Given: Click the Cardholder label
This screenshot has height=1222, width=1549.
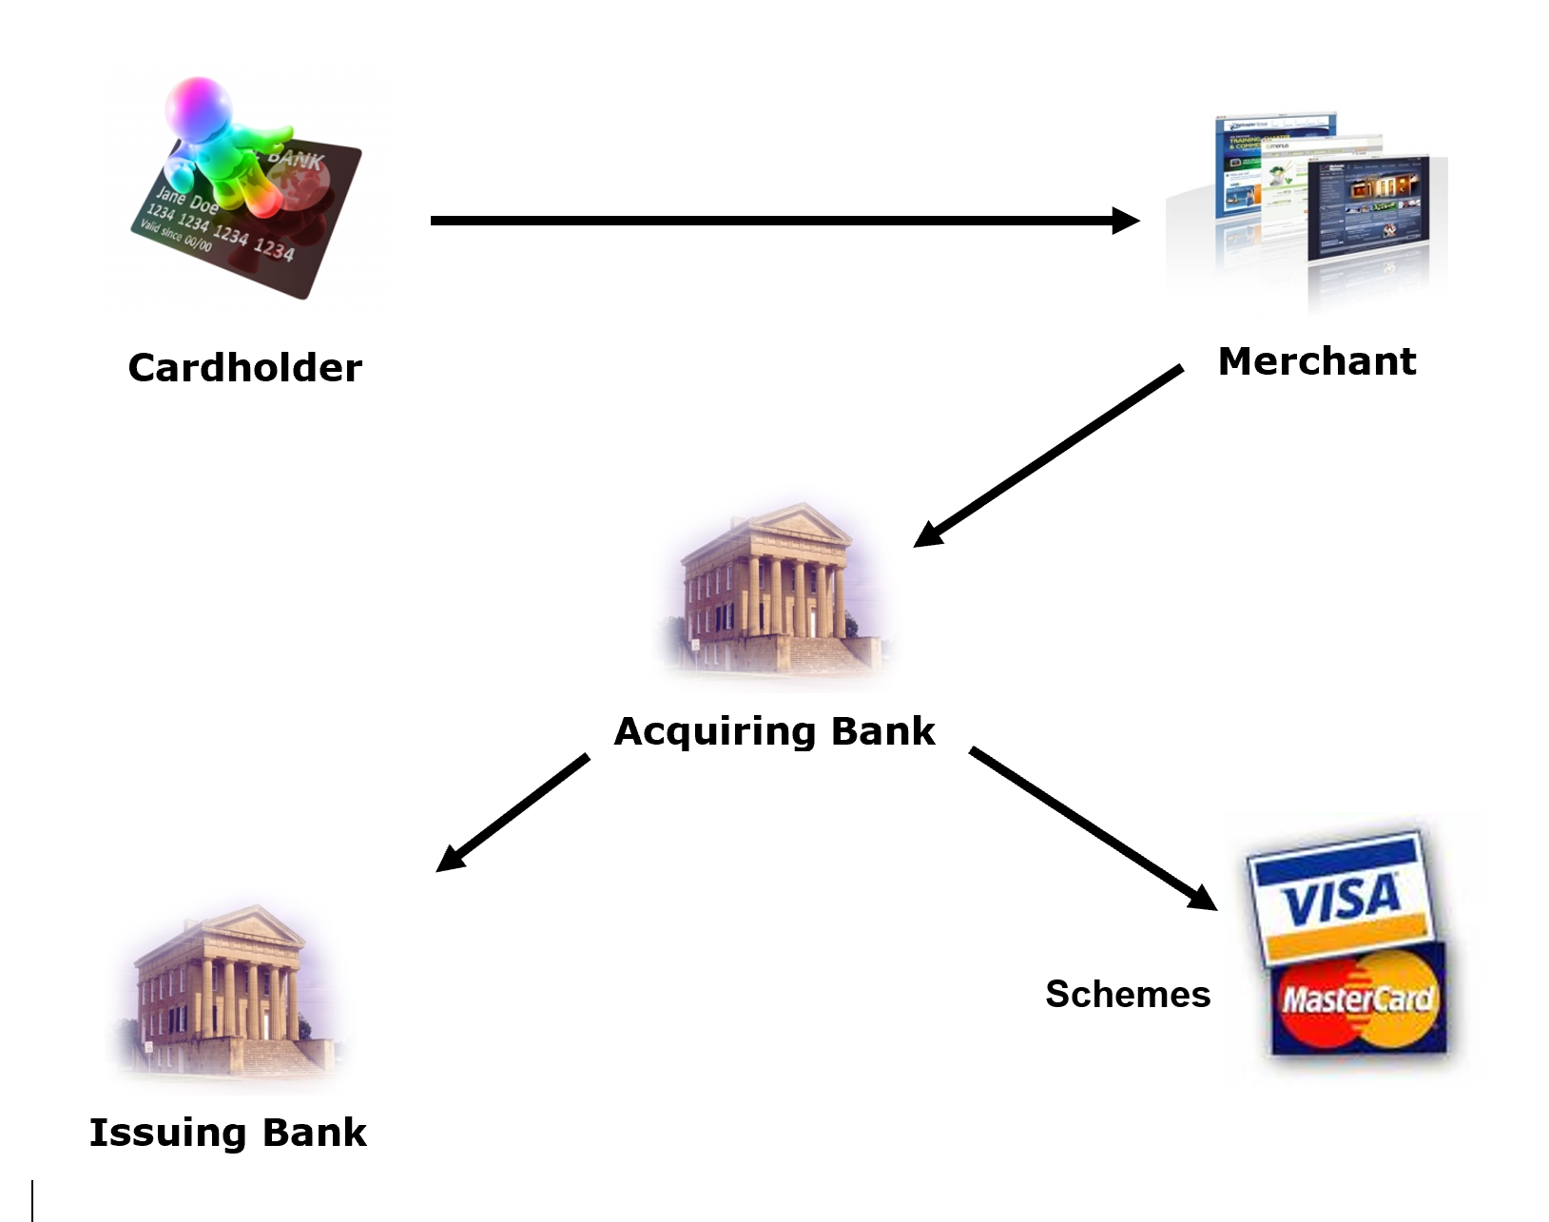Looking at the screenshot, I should [245, 368].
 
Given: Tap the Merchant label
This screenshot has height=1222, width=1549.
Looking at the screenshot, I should [1317, 361].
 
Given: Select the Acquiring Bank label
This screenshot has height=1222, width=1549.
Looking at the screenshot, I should [774, 731].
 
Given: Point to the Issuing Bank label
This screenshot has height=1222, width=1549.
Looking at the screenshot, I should [227, 1133].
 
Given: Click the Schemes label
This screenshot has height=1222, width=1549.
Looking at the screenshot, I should [1128, 995].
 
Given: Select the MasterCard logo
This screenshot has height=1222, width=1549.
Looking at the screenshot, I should [1357, 999].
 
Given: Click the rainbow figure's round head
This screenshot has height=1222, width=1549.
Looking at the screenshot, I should [198, 107].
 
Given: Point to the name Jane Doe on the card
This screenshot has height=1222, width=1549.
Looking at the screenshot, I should [186, 201].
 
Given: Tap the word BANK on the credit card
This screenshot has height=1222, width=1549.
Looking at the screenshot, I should [296, 158].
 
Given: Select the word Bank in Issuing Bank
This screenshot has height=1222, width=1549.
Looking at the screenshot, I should [314, 1133].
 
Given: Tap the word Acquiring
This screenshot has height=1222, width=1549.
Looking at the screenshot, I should [715, 731].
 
